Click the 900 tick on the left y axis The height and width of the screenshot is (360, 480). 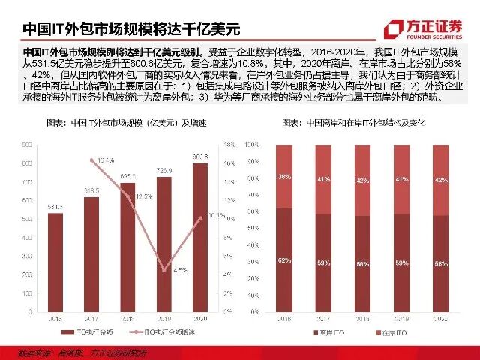(26, 144)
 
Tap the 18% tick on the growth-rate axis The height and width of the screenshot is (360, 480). (230, 144)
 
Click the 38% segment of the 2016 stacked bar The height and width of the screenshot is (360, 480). (284, 177)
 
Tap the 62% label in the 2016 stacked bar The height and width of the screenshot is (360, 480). (284, 259)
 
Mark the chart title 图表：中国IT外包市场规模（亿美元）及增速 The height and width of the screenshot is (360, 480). (128, 122)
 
